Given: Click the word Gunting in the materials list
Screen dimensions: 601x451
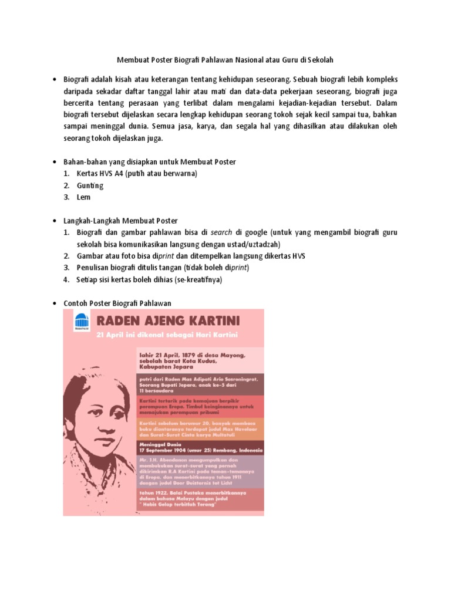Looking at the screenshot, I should click(90, 185).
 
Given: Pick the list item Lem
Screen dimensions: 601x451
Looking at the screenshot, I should click(83, 197).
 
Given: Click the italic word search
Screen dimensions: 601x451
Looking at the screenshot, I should click(223, 233).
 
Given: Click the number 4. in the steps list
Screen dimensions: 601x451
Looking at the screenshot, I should click(67, 280).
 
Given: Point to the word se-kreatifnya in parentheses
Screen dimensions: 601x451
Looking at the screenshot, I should click(198, 280).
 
